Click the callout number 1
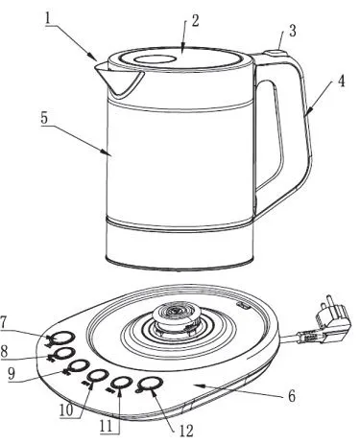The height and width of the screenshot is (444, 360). (48, 18)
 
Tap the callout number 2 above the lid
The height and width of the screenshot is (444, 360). (195, 21)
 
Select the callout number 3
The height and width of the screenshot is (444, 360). (292, 31)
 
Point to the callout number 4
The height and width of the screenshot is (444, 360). (342, 82)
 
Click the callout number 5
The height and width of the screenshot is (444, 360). (44, 118)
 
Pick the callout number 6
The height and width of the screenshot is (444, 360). (291, 396)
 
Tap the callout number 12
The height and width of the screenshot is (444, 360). (186, 432)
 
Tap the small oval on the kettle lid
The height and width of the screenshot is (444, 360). (155, 59)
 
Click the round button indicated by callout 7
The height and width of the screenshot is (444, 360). (63, 338)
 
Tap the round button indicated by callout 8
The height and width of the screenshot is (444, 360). (64, 353)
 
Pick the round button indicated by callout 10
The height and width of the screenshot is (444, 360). (97, 375)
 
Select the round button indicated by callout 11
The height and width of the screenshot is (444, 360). (122, 382)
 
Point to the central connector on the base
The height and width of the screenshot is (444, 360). (174, 318)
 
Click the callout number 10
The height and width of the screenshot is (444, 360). (66, 411)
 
